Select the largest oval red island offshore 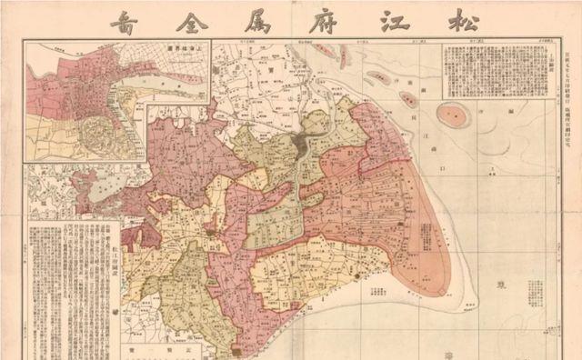[454, 115]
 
